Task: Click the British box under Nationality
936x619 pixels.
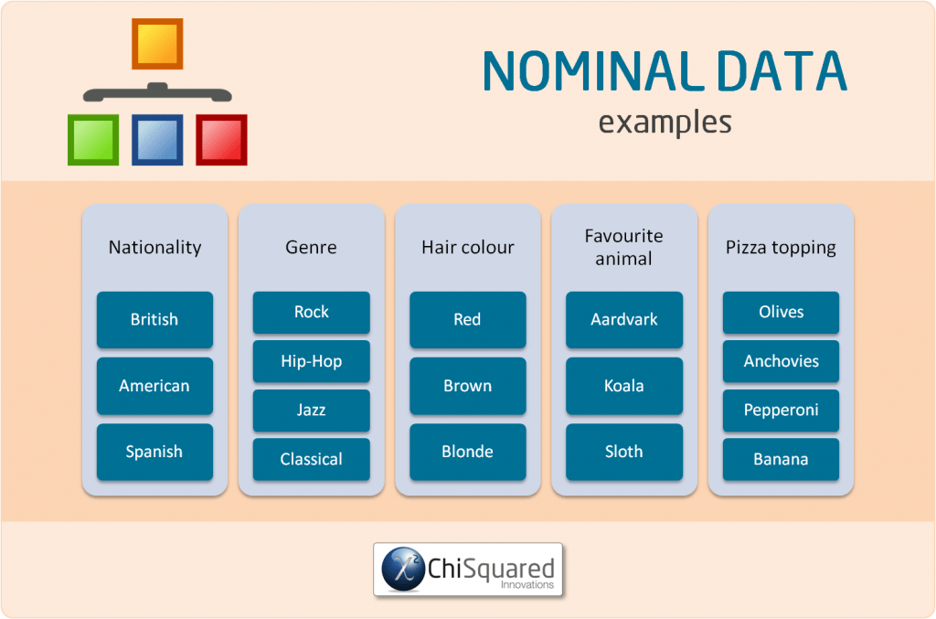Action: click(x=154, y=320)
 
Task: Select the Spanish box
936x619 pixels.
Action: click(x=154, y=452)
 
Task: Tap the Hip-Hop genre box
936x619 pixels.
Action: click(x=311, y=361)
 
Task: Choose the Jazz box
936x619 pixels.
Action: click(x=311, y=411)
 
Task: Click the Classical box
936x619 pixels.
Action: click(x=311, y=459)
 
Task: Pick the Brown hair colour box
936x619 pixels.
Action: click(x=467, y=386)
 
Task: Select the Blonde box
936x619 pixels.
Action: click(x=467, y=452)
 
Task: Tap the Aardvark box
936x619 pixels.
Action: click(x=624, y=320)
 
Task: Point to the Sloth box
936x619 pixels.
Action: click(x=624, y=452)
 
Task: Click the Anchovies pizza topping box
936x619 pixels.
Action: click(x=781, y=361)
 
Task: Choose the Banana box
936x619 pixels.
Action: click(x=781, y=459)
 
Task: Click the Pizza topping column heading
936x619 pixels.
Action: click(x=781, y=248)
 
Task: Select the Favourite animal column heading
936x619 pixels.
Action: click(x=624, y=248)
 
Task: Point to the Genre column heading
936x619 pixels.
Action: click(x=311, y=248)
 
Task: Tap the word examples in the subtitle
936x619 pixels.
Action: click(x=665, y=122)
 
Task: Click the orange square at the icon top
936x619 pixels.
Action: click(x=157, y=44)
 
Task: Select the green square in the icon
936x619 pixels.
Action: click(x=93, y=140)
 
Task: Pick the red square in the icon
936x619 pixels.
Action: click(x=221, y=140)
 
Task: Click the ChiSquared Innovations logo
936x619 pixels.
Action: click(x=467, y=570)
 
